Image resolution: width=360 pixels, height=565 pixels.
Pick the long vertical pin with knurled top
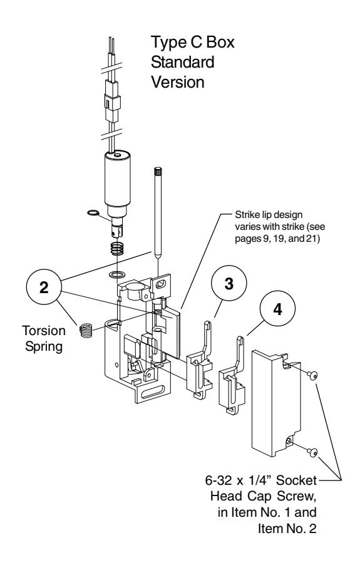tap(158, 213)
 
